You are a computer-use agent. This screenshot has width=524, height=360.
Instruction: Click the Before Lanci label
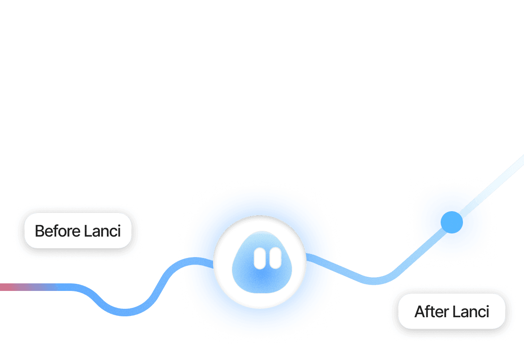(x=78, y=231)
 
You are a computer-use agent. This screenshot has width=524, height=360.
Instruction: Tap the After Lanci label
(x=451, y=311)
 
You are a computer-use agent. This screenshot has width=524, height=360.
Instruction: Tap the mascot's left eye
(x=259, y=258)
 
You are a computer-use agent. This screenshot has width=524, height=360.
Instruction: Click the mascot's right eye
(x=275, y=258)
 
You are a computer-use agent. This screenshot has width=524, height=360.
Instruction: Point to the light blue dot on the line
(x=451, y=222)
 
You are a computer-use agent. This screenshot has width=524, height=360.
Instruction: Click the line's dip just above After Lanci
(x=374, y=281)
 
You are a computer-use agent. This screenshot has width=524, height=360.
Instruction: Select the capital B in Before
(x=39, y=231)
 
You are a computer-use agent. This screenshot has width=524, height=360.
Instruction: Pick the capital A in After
(x=419, y=311)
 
